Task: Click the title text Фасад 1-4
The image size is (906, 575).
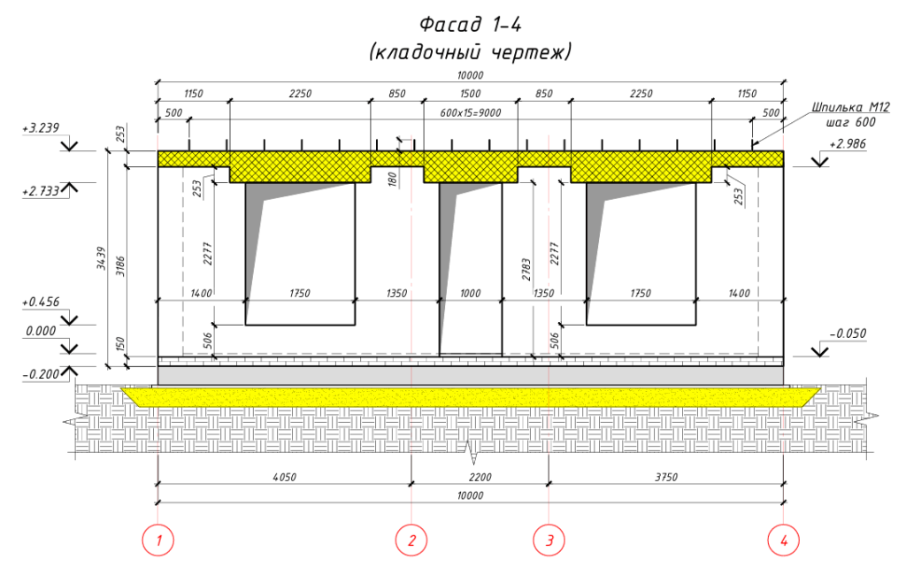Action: coord(470,25)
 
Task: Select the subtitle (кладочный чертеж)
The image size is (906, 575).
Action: coord(470,52)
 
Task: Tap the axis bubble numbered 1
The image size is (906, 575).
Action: coord(157,540)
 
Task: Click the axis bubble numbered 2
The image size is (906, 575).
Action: coord(411,540)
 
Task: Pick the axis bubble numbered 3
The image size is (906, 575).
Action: coord(549,540)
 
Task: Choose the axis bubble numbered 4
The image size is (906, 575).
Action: coord(784,540)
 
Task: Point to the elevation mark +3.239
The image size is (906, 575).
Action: coord(41,128)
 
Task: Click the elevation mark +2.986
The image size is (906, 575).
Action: coord(848,144)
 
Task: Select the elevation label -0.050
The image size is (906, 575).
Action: coord(848,333)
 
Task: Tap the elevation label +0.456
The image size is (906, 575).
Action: coord(41,303)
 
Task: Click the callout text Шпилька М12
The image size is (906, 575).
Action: coord(850,108)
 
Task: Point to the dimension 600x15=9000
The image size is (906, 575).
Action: coord(471,113)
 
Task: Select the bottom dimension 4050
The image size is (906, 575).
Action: coord(284,478)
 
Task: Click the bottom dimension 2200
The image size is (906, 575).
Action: coord(480,478)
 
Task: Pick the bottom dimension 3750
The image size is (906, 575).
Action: coord(666,478)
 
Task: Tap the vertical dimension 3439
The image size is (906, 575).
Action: coord(101,258)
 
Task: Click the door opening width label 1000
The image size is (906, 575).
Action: coord(471,294)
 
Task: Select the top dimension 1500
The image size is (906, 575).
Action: coord(471,94)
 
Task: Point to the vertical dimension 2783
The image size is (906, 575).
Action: coord(526,269)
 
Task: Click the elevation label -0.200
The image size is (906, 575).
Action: coord(41,374)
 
